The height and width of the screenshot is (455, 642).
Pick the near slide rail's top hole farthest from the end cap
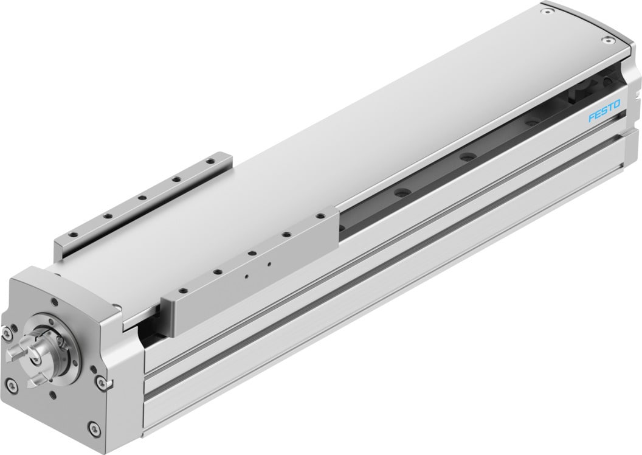coord(317,217)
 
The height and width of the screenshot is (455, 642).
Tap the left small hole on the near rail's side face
coord(247,275)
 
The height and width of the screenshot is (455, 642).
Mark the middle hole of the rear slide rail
coord(140,197)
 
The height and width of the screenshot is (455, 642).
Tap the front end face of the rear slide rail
coord(58,249)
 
